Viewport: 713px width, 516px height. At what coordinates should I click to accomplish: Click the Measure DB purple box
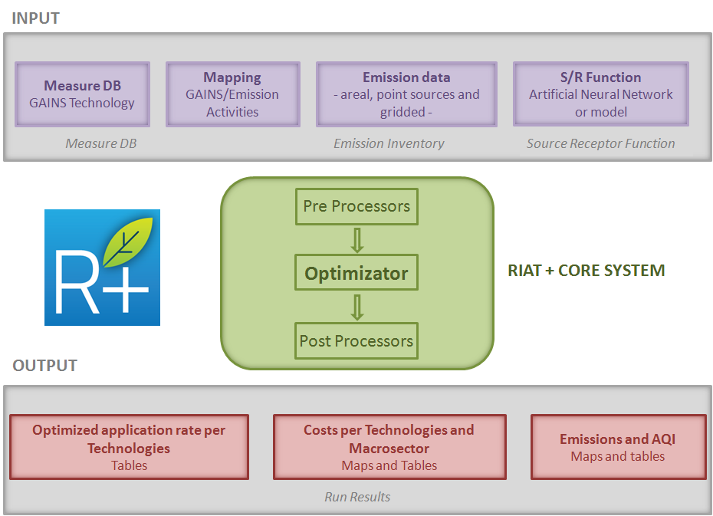point(82,94)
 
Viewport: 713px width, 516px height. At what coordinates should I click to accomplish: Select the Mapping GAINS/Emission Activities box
point(232,94)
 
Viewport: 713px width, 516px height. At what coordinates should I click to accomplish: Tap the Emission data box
point(406,94)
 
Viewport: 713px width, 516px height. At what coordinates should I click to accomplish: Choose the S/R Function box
point(600,94)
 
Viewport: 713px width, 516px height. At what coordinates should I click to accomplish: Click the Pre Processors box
point(356,206)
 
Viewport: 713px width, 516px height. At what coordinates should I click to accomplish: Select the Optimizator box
point(356,274)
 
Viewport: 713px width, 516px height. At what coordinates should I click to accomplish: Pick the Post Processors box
point(356,341)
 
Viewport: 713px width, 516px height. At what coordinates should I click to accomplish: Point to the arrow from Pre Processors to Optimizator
point(356,240)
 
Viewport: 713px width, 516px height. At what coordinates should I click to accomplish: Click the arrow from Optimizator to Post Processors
point(356,307)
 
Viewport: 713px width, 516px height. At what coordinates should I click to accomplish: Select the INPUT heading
point(35,18)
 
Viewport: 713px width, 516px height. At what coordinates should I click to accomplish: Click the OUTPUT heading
point(44,366)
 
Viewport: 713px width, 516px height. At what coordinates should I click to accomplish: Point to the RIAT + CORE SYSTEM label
point(586,271)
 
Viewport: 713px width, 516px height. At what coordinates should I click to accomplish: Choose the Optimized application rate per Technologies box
point(129,447)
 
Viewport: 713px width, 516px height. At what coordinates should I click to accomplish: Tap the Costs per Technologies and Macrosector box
point(389,447)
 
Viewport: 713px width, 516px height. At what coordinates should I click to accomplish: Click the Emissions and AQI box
point(618,447)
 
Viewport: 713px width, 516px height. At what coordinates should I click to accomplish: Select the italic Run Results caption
point(357,497)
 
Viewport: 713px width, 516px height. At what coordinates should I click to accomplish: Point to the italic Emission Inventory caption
point(389,143)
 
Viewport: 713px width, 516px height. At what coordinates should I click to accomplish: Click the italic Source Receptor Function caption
point(600,143)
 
